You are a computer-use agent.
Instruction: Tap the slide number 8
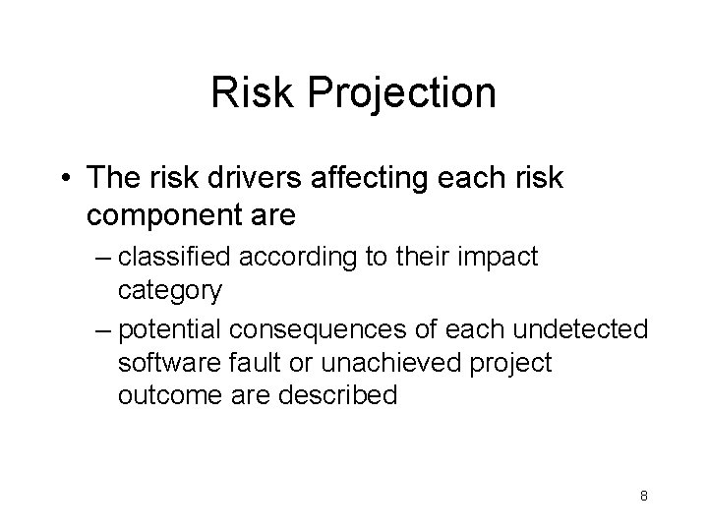[x=643, y=496]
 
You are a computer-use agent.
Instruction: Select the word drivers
[x=254, y=179]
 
